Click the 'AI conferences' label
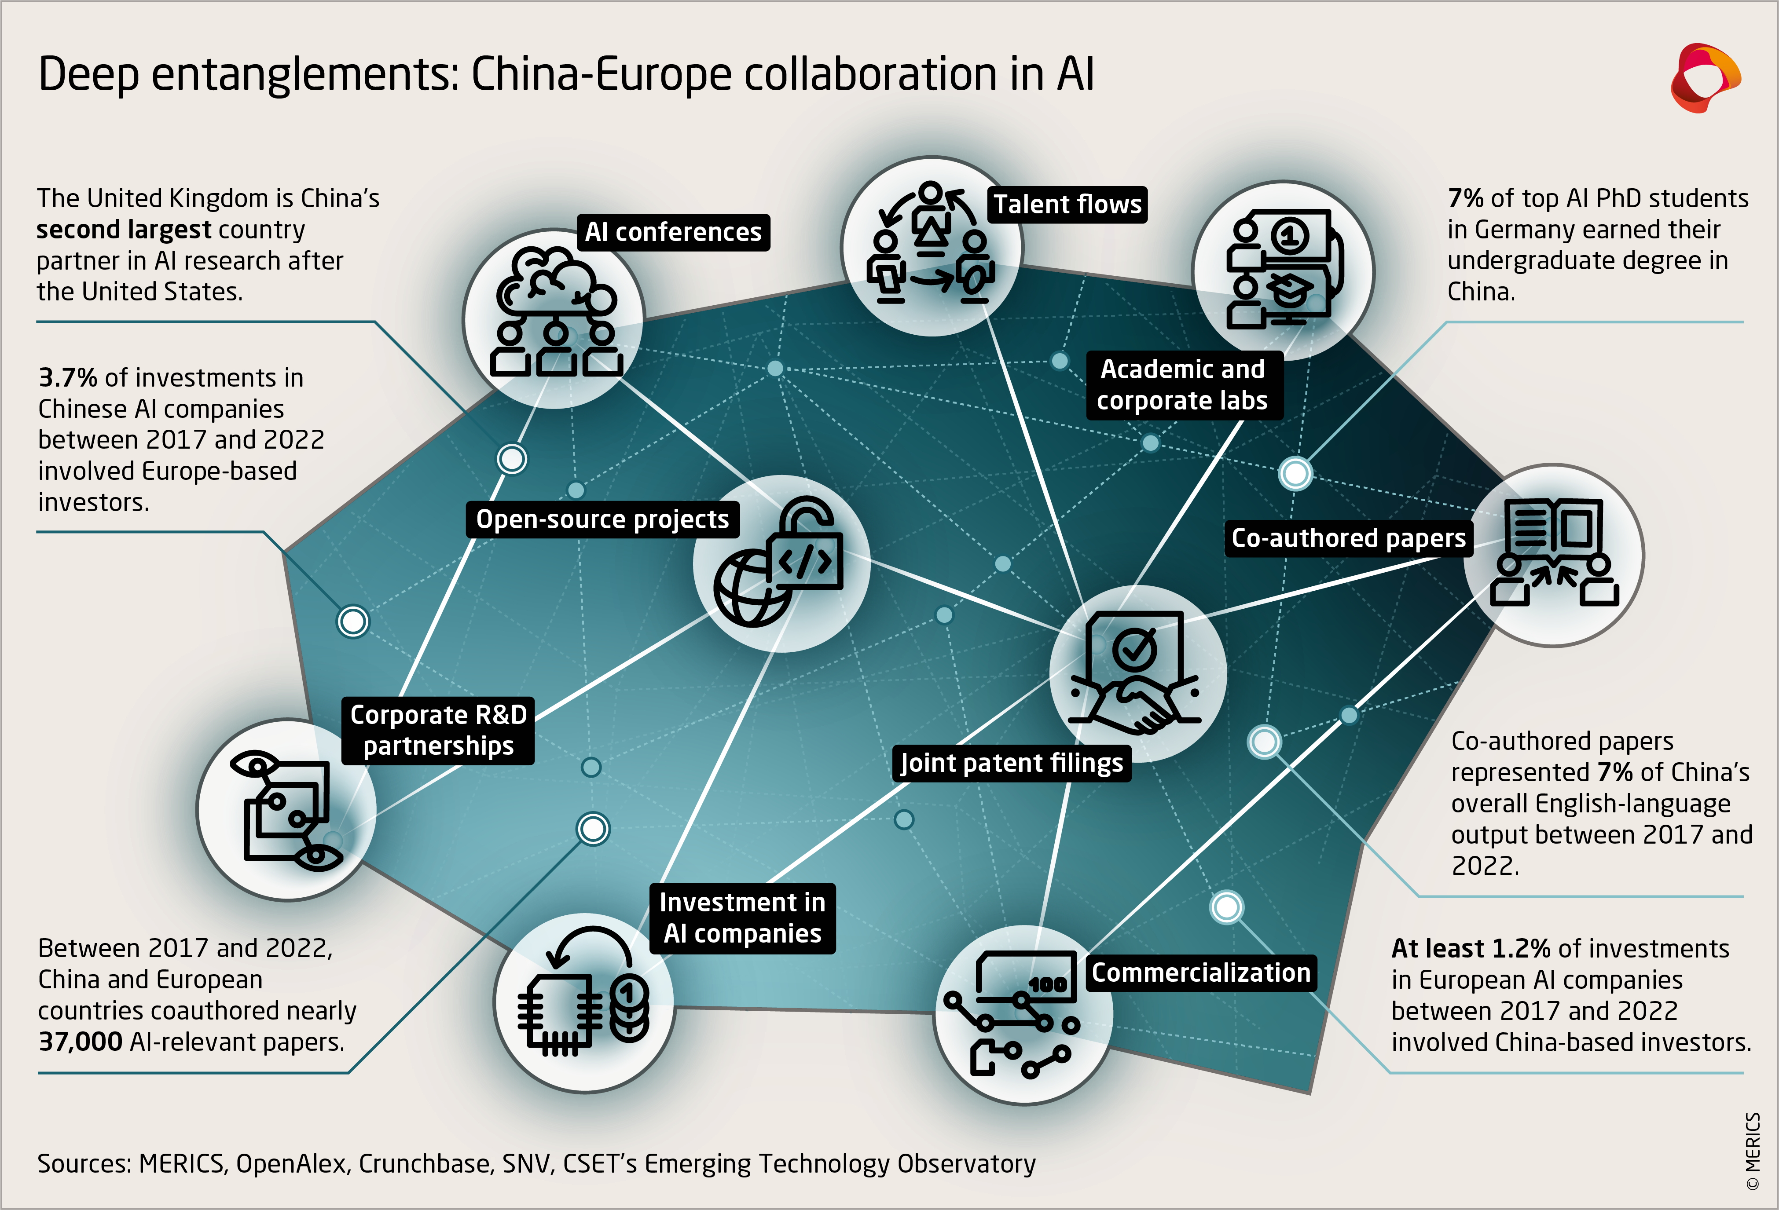coord(673,232)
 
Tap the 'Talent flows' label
coord(1067,205)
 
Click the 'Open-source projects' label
coord(602,519)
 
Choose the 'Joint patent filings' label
coord(1011,763)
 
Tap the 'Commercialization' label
coord(1200,973)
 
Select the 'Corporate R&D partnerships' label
coord(438,730)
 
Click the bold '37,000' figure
coord(81,1042)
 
